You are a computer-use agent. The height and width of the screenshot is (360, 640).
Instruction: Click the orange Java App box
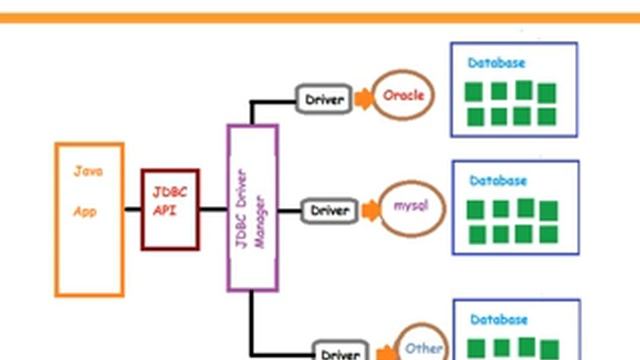(89, 250)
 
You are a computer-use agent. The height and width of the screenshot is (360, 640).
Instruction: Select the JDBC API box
(171, 209)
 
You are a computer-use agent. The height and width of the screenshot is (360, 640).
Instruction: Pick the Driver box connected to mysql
(329, 211)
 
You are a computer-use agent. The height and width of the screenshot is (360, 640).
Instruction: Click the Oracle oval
(403, 96)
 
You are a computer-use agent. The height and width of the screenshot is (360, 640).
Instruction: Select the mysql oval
(411, 208)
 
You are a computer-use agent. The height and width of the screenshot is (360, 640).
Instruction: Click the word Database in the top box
(497, 63)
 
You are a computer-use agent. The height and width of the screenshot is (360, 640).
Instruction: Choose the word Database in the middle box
(498, 181)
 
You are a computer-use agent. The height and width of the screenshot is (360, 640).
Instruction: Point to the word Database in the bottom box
(498, 319)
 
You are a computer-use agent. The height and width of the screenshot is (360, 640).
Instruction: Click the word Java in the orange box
(88, 171)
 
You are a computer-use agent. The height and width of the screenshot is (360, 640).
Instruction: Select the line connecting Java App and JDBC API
(133, 209)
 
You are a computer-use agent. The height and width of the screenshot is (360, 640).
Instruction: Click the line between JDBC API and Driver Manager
(213, 209)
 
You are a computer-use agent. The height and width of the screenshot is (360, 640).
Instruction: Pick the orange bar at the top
(320, 17)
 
